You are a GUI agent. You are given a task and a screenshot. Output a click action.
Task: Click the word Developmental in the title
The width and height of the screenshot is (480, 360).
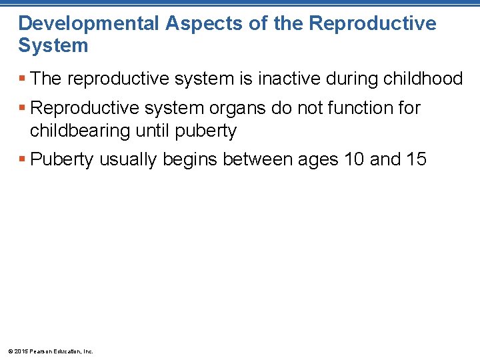[x=89, y=23]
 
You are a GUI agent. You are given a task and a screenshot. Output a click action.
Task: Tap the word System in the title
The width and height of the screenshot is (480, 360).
[x=53, y=45]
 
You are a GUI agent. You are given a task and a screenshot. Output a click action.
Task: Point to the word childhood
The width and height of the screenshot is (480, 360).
[x=423, y=79]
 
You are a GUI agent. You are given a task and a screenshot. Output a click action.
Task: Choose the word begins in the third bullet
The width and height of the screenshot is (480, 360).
[x=193, y=159]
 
